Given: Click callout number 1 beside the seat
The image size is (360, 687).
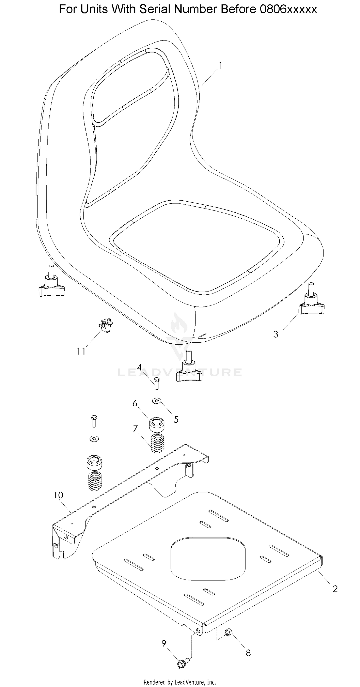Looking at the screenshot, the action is coord(221,66).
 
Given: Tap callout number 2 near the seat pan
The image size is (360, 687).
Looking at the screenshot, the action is coord(335,589).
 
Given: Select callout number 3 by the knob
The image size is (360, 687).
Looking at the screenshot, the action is coord(276,335).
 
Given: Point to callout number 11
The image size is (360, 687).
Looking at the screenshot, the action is coord(81,352).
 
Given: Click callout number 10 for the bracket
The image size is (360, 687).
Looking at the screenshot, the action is coord(58,495).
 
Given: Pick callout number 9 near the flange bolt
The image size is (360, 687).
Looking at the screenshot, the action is coord(164,643).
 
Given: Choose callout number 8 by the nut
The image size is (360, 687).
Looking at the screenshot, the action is coord(248,653).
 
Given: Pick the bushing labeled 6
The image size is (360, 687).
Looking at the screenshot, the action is coord(156,425).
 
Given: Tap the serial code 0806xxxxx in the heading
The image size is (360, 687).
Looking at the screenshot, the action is coord(288,9).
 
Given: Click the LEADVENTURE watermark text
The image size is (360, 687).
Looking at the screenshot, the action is coord(180,372).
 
